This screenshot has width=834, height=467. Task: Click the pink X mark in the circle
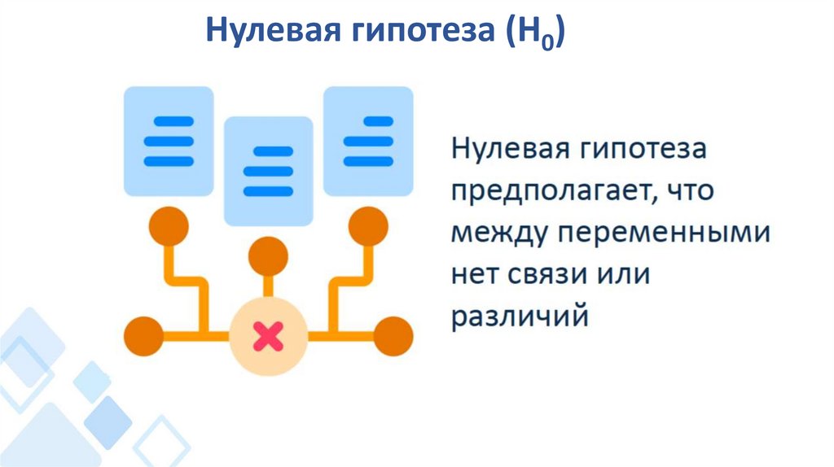click(x=268, y=334)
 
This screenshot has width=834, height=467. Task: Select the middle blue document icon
click(x=268, y=171)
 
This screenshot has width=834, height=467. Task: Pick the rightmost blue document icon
click(x=368, y=141)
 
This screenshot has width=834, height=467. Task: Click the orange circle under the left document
click(x=169, y=225)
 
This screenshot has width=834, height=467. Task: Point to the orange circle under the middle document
click(x=268, y=256)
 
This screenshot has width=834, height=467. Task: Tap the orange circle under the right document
click(x=368, y=225)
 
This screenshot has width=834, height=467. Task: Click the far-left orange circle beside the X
click(x=143, y=334)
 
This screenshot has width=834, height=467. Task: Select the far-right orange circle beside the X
click(x=393, y=334)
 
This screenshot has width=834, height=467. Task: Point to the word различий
click(x=520, y=316)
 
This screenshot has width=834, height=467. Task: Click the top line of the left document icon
click(x=169, y=121)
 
